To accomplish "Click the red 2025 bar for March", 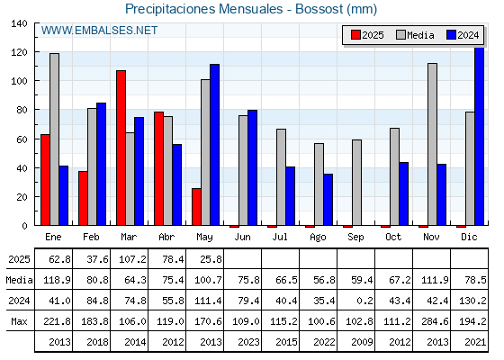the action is click(121, 148).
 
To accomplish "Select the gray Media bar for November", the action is click(432, 144).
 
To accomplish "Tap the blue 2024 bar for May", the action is click(215, 145).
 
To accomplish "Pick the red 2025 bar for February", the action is click(83, 198).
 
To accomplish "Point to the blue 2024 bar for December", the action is click(479, 136).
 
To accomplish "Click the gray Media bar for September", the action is click(356, 183).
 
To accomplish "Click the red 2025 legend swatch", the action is click(355, 35).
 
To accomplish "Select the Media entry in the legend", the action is click(415, 35).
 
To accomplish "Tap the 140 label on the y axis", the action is click(20, 23).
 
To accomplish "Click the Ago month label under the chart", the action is click(319, 238).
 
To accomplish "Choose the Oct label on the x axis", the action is click(393, 238).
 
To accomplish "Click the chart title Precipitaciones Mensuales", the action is click(203, 9).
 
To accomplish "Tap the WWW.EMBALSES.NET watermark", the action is click(99, 31).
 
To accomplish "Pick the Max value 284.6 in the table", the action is click(435, 321).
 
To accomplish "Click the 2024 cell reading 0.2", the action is click(364, 301).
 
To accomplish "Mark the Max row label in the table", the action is click(19, 321).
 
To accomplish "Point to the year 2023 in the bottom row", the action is click(248, 342).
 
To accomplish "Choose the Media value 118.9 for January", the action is click(58, 280).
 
